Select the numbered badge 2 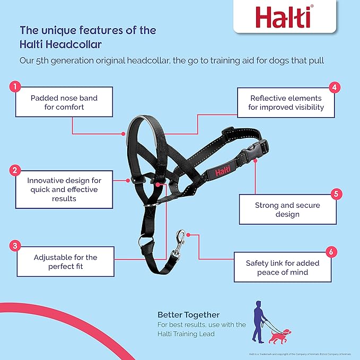click(x=16, y=171)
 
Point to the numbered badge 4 click(x=334, y=87)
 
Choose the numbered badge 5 click(x=335, y=194)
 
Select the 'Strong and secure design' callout click(x=287, y=209)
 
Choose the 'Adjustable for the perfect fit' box click(x=66, y=262)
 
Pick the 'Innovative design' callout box click(x=63, y=189)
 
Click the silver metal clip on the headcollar click(x=180, y=240)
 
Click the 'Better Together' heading click(x=188, y=315)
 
